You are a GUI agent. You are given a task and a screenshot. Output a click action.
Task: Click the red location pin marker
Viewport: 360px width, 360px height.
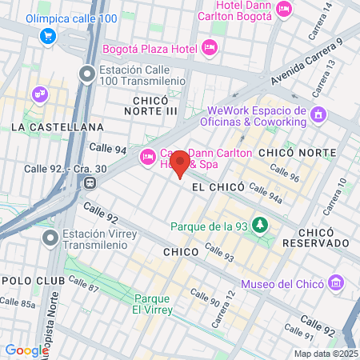(181, 162)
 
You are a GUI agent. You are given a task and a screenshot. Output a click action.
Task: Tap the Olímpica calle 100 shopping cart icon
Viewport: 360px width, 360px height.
(49, 35)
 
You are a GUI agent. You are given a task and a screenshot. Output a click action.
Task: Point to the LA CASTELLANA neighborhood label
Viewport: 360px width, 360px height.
(57, 127)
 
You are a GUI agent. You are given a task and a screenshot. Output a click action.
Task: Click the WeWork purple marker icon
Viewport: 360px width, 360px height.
(318, 114)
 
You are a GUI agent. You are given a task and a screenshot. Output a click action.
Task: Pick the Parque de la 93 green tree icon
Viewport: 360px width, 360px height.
(259, 225)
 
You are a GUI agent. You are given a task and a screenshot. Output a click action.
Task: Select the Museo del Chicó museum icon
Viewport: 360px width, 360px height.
(336, 282)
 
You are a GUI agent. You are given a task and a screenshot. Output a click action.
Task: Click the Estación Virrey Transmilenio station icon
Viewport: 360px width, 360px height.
(51, 238)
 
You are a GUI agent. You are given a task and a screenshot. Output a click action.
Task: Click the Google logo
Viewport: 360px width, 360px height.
(26, 350)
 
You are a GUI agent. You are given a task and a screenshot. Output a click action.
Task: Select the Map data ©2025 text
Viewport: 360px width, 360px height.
(326, 353)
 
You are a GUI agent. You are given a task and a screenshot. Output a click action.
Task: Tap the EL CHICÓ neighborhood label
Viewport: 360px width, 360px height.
(213, 186)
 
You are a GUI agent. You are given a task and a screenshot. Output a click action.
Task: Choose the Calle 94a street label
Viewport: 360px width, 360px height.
(266, 191)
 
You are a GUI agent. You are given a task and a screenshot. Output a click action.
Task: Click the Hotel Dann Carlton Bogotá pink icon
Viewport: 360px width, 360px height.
(283, 10)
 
